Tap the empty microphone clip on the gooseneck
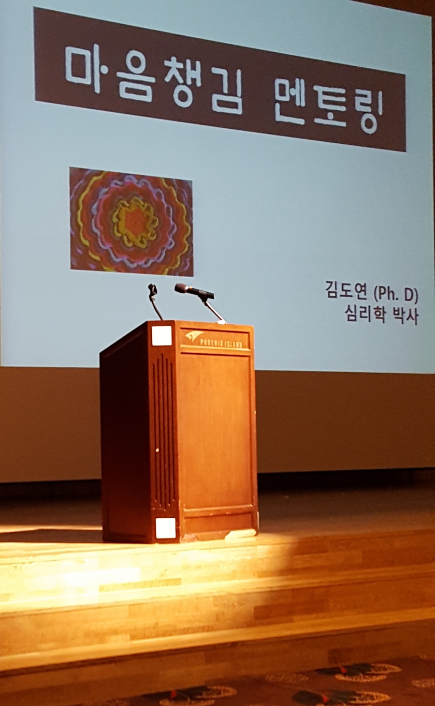(x=153, y=289)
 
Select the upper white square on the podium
(x=161, y=336)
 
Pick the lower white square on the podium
(x=166, y=528)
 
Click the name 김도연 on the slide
(x=346, y=293)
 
